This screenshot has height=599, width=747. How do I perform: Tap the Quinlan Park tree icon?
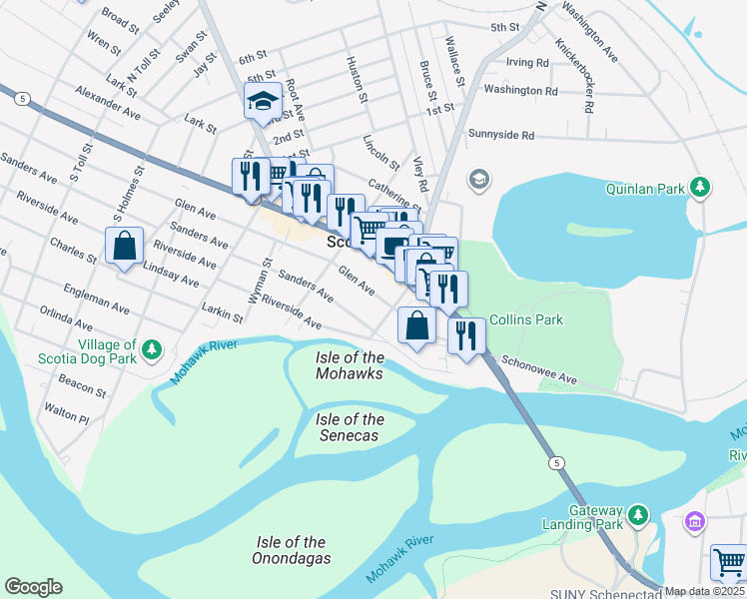[702, 186]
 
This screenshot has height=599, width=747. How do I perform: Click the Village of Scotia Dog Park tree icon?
[152, 348]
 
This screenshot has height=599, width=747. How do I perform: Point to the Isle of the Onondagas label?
[293, 549]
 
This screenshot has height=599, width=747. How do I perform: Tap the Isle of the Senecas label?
[350, 427]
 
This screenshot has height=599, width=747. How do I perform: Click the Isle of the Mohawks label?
[350, 365]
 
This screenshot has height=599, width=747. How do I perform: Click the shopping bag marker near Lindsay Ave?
[124, 245]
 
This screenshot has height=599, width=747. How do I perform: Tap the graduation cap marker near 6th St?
[263, 100]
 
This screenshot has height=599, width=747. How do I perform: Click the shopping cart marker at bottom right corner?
[729, 562]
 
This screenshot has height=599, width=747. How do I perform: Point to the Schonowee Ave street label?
[539, 369]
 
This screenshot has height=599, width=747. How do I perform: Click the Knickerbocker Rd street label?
[576, 76]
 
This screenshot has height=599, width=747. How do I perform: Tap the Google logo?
[33, 587]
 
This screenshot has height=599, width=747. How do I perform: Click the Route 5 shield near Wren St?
[21, 98]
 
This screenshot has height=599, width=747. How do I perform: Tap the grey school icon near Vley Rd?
[479, 180]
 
